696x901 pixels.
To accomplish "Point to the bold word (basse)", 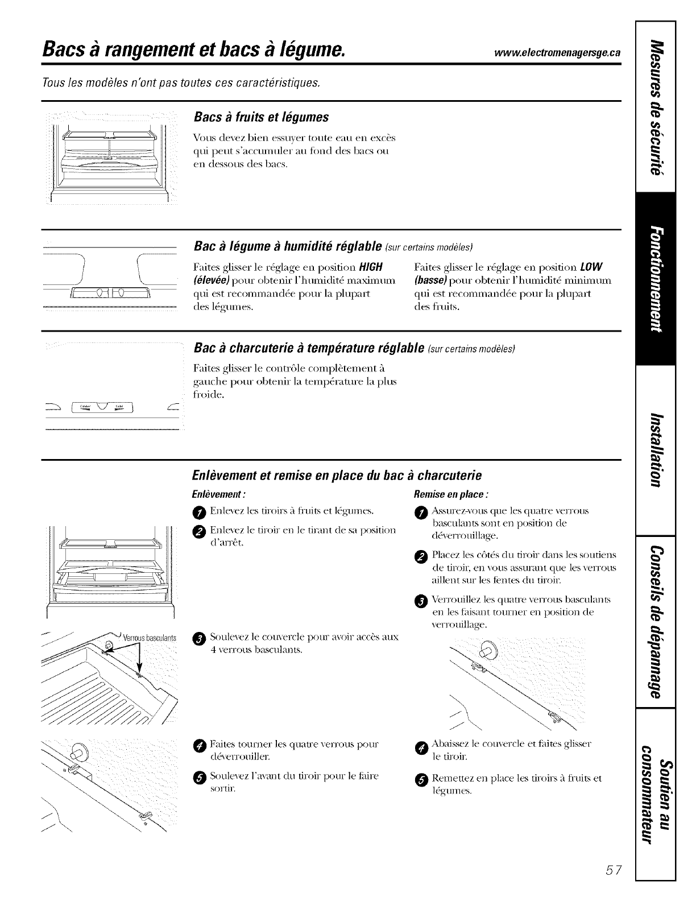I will [x=431, y=280].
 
